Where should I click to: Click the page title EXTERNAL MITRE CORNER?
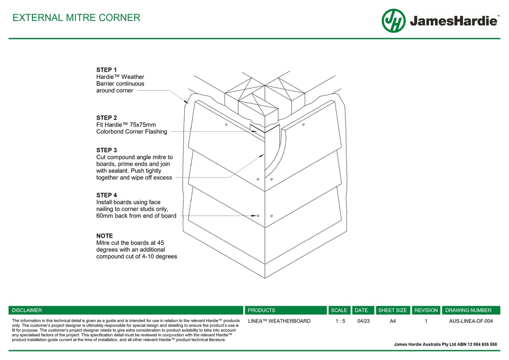(x=76, y=18)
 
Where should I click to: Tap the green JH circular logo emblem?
(x=393, y=21)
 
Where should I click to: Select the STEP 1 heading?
(x=106, y=70)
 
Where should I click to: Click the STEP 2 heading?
(x=106, y=118)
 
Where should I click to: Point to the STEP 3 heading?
(x=106, y=150)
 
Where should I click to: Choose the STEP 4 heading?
(x=106, y=195)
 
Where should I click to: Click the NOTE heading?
(x=105, y=236)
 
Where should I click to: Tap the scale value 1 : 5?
(x=340, y=321)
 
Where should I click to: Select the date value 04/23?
(x=363, y=321)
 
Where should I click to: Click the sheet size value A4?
(x=393, y=321)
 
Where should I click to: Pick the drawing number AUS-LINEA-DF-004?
(x=471, y=321)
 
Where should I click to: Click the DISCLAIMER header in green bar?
(x=27, y=310)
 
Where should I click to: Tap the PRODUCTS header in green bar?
(x=261, y=310)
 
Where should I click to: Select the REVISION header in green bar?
(x=426, y=310)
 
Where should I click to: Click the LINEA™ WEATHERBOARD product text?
(x=279, y=321)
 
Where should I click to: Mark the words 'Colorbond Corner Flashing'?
(x=132, y=132)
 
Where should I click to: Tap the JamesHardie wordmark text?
(x=453, y=21)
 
